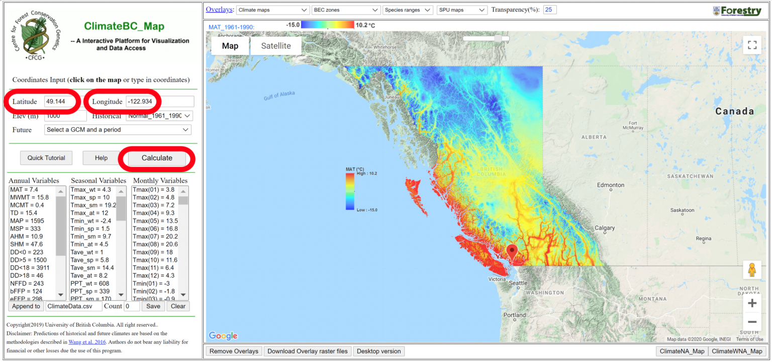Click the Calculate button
click(157, 158)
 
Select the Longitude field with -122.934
click(160, 102)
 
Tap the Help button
click(102, 158)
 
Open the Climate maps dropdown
click(272, 10)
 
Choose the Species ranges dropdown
click(408, 10)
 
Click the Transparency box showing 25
click(549, 10)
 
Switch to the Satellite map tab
click(276, 46)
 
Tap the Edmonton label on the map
click(611, 185)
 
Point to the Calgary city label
click(605, 228)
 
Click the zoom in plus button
click(752, 303)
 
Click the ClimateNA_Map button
click(682, 351)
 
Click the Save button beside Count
click(153, 306)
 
